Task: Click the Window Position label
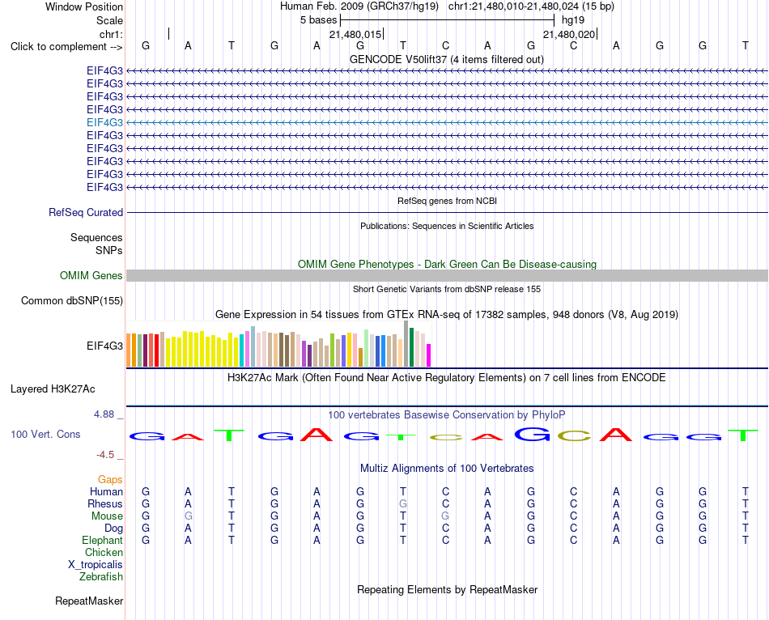click(x=84, y=6)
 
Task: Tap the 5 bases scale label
click(x=318, y=20)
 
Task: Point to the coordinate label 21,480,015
click(x=355, y=34)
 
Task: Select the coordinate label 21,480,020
click(x=569, y=34)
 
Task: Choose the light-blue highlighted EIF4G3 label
click(x=104, y=123)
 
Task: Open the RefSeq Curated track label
click(x=86, y=212)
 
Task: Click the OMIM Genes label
click(x=91, y=276)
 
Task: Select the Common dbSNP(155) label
click(x=72, y=300)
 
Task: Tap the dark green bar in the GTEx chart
click(x=411, y=347)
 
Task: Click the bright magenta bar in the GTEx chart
click(x=429, y=355)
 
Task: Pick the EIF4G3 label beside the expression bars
click(x=104, y=346)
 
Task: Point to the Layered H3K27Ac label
click(x=53, y=389)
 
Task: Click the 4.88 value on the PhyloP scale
click(x=104, y=414)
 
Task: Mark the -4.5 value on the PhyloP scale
click(x=105, y=455)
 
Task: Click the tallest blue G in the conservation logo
click(x=532, y=434)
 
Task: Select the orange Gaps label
click(x=110, y=479)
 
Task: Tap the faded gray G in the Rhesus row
click(x=403, y=503)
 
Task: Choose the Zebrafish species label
click(x=101, y=577)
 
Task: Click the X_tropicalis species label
click(x=96, y=565)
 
